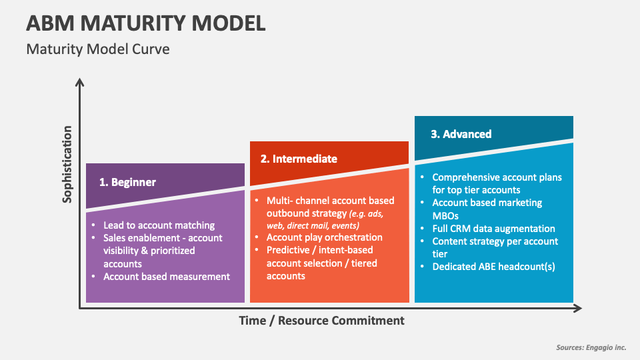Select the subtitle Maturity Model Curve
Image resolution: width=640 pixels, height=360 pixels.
pyautogui.click(x=97, y=49)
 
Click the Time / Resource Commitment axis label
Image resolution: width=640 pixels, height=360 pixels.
pyautogui.click(x=321, y=320)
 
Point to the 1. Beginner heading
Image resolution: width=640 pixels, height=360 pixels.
pyautogui.click(x=127, y=182)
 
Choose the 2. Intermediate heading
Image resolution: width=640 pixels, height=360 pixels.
pyautogui.click(x=299, y=159)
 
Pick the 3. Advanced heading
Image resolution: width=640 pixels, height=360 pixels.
pyautogui.click(x=461, y=134)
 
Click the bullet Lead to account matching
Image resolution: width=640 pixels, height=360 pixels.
pyautogui.click(x=159, y=225)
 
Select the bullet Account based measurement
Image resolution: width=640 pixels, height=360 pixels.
pyautogui.click(x=166, y=276)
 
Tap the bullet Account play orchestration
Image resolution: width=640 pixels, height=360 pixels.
pyautogui.click(x=324, y=237)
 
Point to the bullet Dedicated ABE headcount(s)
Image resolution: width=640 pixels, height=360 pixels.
pyautogui.click(x=493, y=267)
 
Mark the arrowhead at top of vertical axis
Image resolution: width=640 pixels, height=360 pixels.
pyautogui.click(x=80, y=83)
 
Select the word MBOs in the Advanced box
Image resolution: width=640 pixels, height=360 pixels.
pyautogui.click(x=446, y=216)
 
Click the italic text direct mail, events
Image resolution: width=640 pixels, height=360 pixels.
pyautogui.click(x=321, y=225)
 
